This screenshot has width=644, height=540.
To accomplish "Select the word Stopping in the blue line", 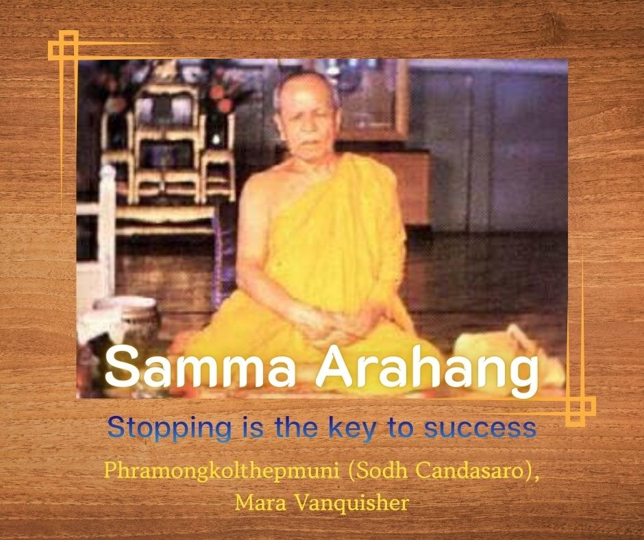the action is [x=169, y=428].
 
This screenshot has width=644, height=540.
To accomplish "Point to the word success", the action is [x=480, y=428].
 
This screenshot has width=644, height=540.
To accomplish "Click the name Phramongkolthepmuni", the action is [x=221, y=471].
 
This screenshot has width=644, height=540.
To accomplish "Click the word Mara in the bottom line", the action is [x=260, y=502].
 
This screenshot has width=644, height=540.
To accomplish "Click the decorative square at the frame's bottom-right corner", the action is [x=580, y=411].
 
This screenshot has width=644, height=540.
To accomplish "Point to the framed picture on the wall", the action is [x=371, y=99].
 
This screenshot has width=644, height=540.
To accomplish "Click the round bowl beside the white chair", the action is [x=127, y=319].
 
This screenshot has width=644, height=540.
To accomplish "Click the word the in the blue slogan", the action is [x=297, y=428].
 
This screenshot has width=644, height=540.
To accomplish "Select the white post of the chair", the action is [x=107, y=230].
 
